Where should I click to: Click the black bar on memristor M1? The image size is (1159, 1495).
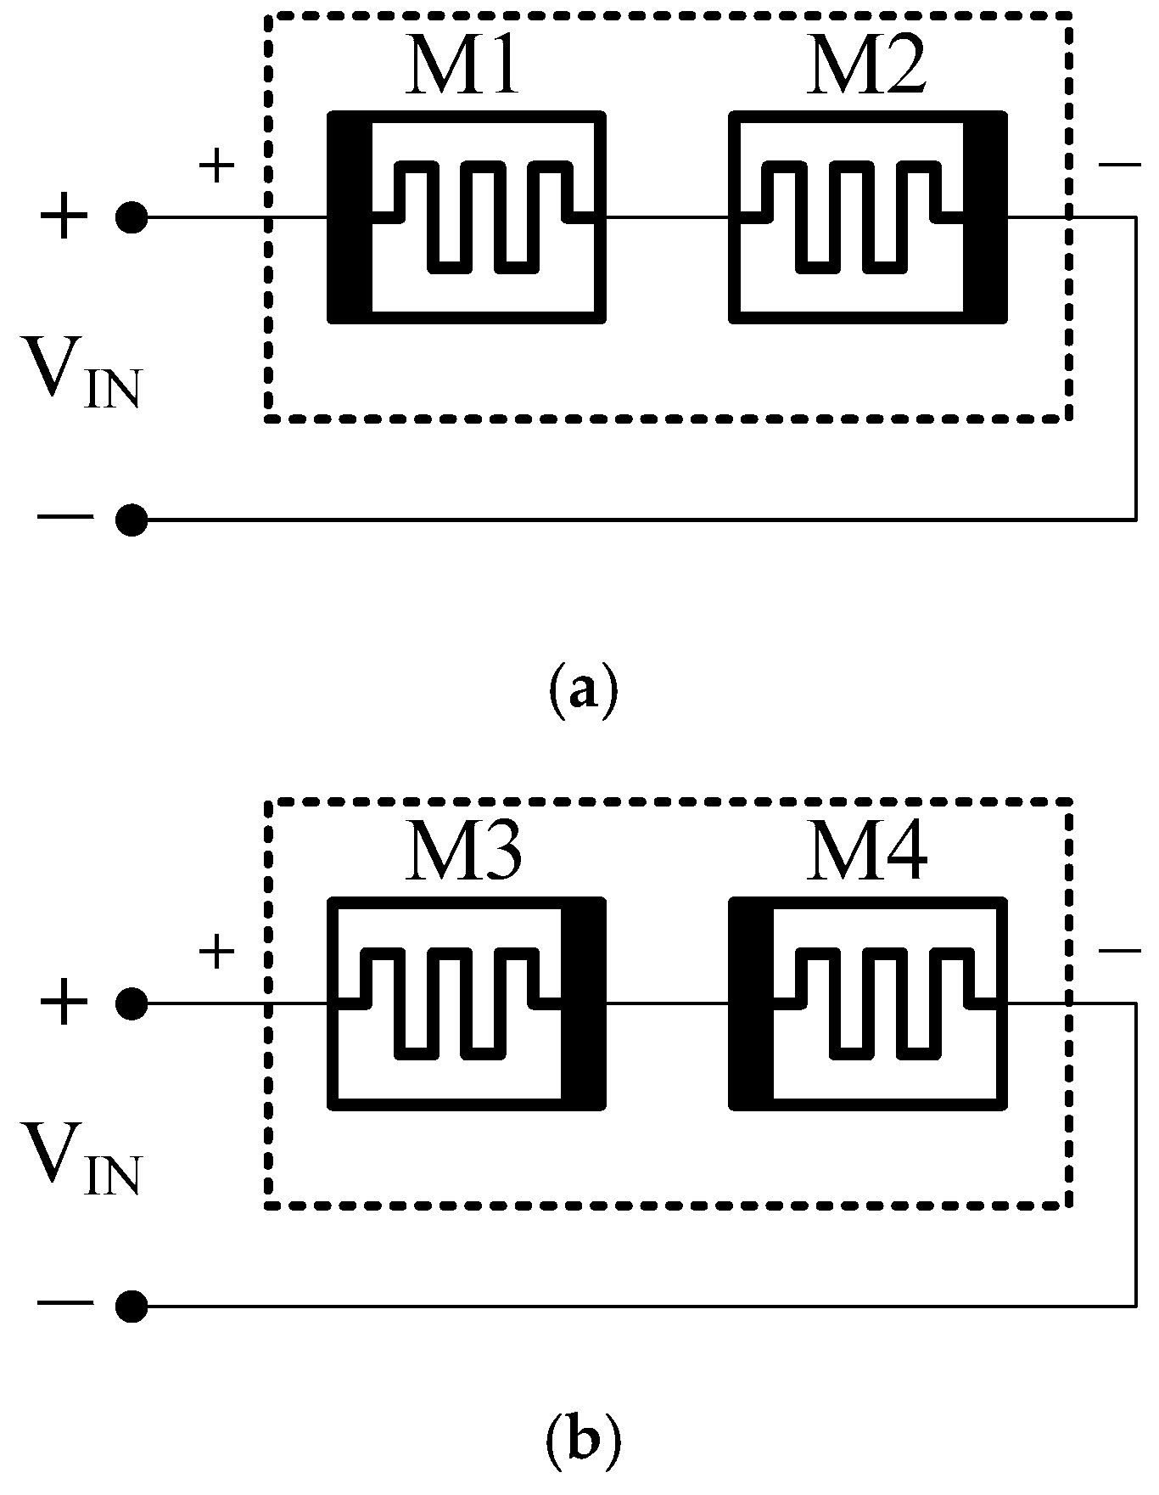coord(350,217)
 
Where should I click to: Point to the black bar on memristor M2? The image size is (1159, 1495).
coord(984,217)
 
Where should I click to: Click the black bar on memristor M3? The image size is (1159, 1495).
coord(582,1003)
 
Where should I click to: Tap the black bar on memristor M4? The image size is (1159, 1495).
coord(752,1003)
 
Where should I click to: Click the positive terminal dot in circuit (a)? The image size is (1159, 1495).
coord(132,217)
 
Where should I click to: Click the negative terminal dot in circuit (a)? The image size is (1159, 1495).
coord(132,519)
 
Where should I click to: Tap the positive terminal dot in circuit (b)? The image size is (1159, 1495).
coord(132,1003)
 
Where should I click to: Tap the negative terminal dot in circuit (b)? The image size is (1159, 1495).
coord(132,1306)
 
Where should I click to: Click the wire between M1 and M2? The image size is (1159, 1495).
coord(667,217)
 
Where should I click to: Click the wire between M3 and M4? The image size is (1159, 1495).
coord(667,1003)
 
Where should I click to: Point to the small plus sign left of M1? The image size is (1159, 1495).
coord(216,166)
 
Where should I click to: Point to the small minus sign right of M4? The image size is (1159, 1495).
coord(1119,951)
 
